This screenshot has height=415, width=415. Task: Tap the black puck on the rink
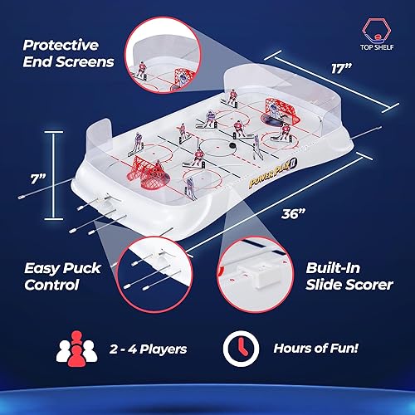(x=234, y=146)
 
